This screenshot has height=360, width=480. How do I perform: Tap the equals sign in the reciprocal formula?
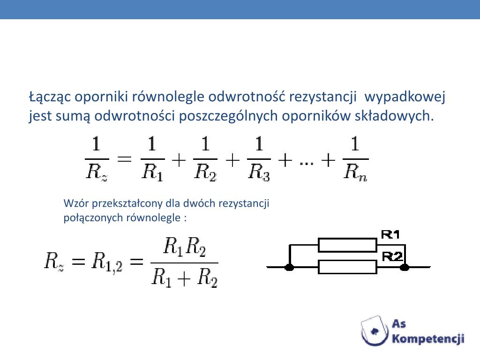[124, 159]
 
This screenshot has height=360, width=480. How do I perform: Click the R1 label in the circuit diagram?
[390, 234]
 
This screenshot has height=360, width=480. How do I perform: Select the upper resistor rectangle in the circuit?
[347, 245]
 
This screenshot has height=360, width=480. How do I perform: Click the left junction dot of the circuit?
[290, 267]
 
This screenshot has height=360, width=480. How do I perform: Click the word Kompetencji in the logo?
[428, 338]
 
